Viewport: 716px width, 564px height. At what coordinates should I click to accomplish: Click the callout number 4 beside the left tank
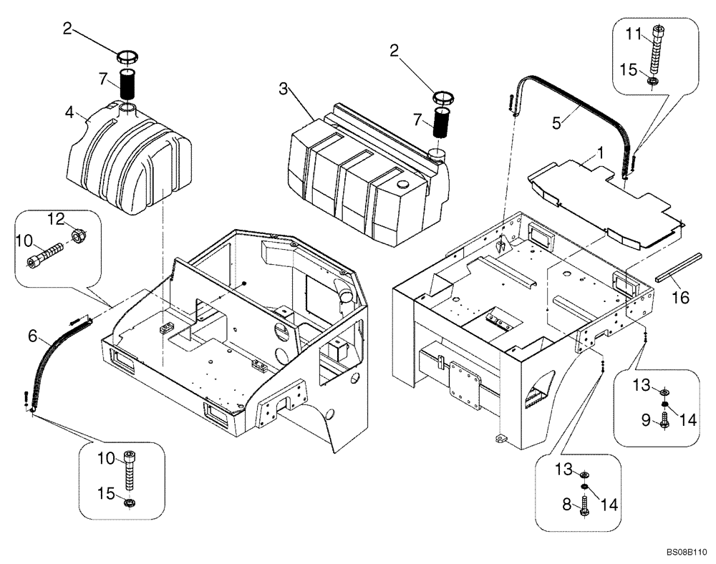69,112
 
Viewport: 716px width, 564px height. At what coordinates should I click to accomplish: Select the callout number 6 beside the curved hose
32,334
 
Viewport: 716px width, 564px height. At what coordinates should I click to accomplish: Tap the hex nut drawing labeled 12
79,234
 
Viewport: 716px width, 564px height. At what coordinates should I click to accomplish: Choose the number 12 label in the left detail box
57,218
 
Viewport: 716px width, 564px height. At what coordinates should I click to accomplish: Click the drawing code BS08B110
686,553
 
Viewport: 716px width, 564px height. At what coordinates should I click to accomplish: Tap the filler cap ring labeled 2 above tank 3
443,97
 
